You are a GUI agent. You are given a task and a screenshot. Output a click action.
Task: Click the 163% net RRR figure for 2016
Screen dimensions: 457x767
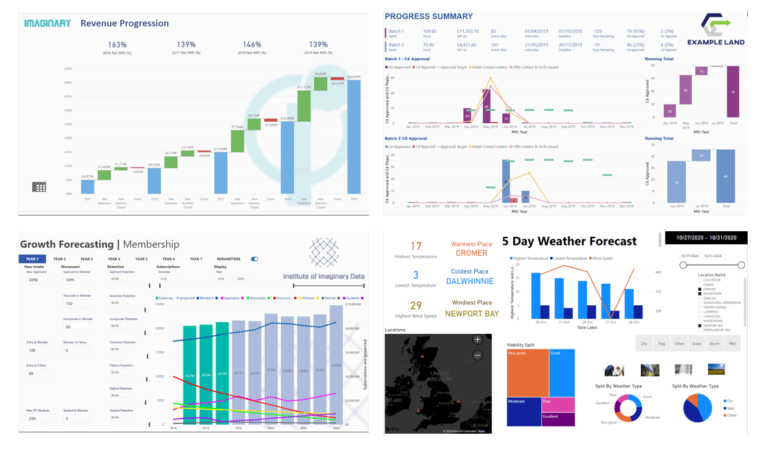117,44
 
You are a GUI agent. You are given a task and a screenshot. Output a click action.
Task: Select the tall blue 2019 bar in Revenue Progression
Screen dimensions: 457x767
354,137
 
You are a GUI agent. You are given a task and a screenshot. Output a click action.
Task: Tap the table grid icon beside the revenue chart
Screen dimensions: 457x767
39,186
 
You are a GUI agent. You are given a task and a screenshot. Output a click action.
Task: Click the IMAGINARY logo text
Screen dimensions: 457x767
47,23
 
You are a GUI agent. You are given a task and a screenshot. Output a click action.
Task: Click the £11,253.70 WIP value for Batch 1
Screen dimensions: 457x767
467,31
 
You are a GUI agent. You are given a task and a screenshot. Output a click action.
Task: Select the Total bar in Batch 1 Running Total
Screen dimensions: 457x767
733,92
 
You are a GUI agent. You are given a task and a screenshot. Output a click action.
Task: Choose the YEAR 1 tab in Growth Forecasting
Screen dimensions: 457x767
32,259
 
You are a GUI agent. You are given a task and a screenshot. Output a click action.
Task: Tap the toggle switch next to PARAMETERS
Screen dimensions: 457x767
255,259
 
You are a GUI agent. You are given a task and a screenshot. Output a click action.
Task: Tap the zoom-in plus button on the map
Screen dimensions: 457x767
478,340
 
